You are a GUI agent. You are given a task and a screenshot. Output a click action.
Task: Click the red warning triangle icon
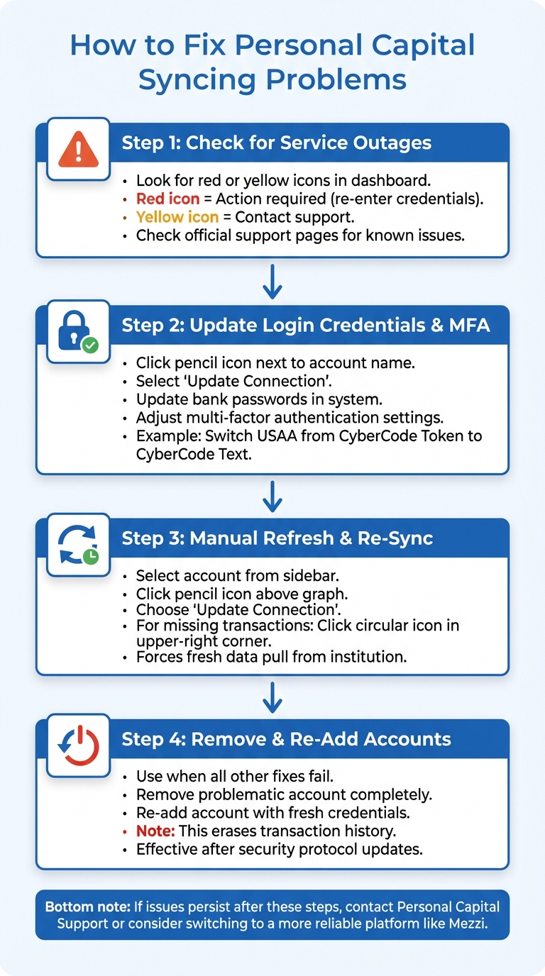[x=79, y=149]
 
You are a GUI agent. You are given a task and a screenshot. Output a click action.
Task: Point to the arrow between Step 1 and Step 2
[x=272, y=282]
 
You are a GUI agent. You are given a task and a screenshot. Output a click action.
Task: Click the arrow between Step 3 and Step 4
[x=272, y=697]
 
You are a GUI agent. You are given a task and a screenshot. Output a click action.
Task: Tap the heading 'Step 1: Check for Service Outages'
[x=276, y=143]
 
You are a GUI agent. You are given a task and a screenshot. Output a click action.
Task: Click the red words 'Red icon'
[x=167, y=199]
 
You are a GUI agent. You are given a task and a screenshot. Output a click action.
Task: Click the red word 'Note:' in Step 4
[x=155, y=830]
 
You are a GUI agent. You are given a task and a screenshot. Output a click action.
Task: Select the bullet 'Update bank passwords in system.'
[x=259, y=399]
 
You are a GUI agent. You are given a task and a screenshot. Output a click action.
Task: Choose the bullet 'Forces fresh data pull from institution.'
[x=271, y=657]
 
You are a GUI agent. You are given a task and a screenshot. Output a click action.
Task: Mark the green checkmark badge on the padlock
[x=90, y=345]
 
